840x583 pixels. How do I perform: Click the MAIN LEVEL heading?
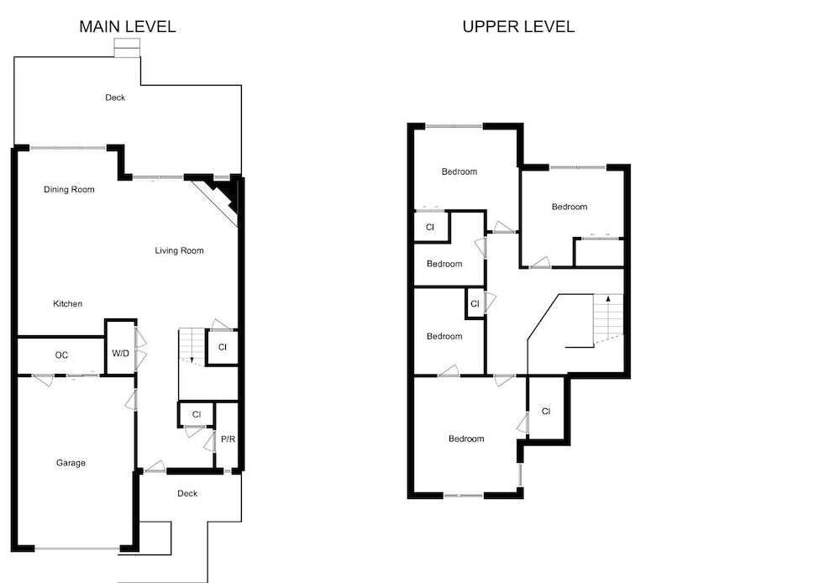tap(128, 26)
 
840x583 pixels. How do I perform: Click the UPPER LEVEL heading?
tap(518, 26)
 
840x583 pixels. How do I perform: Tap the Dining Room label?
tap(69, 189)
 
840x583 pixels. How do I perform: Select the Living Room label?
tap(180, 250)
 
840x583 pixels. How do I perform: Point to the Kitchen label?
tap(67, 303)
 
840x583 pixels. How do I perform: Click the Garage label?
tap(71, 462)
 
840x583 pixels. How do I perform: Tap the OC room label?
tap(61, 355)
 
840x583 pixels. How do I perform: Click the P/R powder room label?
tap(228, 439)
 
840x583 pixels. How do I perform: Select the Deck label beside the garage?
tap(187, 493)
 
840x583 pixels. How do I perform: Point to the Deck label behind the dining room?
tap(115, 97)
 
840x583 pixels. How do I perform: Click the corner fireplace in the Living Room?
tap(219, 198)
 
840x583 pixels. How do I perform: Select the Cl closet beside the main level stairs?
tap(223, 347)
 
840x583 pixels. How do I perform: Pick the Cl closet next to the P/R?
tap(197, 414)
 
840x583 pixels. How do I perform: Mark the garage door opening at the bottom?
tap(78, 549)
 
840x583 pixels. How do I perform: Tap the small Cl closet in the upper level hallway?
tap(475, 303)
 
